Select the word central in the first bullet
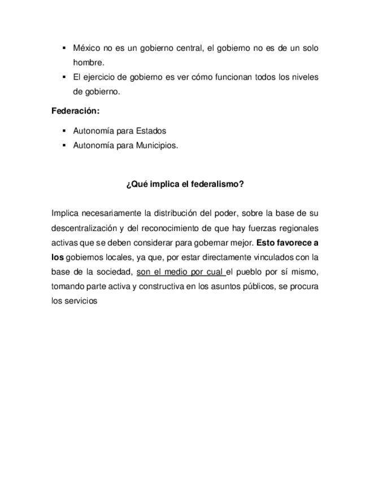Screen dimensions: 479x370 point(186,49)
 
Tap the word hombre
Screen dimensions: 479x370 point(88,63)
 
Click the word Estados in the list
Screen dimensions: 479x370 point(151,130)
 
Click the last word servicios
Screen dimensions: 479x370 point(82,301)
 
